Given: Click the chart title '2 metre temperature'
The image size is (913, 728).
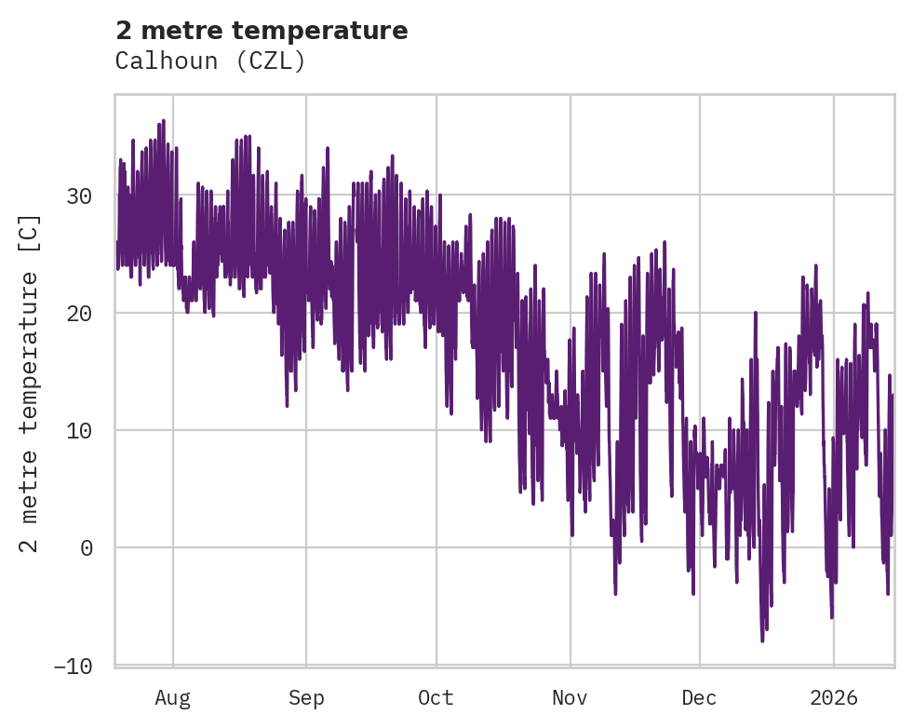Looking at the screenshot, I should (x=262, y=31).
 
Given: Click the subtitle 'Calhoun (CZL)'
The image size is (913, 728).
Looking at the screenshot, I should (x=210, y=61).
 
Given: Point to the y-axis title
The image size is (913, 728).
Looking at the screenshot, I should (x=31, y=383).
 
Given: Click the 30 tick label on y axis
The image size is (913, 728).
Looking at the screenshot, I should (x=79, y=195).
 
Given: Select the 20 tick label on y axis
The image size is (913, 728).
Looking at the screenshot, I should (x=79, y=313).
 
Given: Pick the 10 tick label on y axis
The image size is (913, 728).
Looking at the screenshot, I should (x=79, y=430).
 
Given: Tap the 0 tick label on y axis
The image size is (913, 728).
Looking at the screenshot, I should (x=86, y=547).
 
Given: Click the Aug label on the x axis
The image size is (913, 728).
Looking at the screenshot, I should (x=172, y=697).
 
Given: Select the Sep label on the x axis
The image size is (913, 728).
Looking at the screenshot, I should (x=306, y=697).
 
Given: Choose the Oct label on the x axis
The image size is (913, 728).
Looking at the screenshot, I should (x=436, y=697).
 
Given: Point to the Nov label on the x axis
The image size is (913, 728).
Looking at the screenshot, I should (x=570, y=697).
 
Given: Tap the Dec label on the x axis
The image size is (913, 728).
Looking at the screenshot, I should (x=699, y=697).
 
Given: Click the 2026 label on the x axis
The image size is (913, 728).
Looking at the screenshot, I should (x=834, y=697).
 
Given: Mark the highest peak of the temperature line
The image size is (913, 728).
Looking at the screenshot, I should (x=163, y=121).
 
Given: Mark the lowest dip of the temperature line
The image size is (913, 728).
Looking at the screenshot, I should (x=762, y=640).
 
